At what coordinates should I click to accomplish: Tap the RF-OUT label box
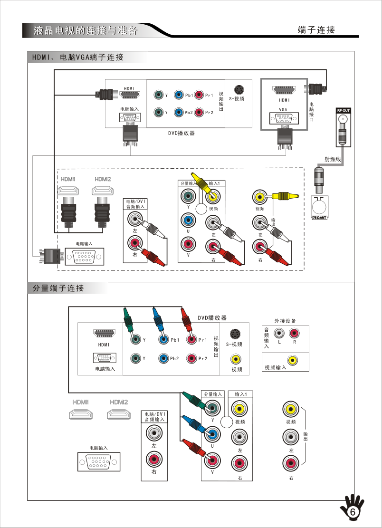343,111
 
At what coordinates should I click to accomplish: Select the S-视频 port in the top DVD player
239,90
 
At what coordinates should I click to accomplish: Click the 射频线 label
333,160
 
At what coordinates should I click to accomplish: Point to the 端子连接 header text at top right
316,30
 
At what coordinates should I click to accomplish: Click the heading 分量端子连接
58,288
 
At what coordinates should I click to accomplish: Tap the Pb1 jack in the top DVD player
178,96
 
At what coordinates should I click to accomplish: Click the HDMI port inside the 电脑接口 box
284,90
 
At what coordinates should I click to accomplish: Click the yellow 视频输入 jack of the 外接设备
293,360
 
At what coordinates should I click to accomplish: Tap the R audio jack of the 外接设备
294,333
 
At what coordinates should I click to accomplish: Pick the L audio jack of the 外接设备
279,333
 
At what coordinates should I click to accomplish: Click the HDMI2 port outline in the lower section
119,414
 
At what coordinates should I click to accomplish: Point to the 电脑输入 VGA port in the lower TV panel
99,462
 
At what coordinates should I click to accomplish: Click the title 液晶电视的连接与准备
86,31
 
